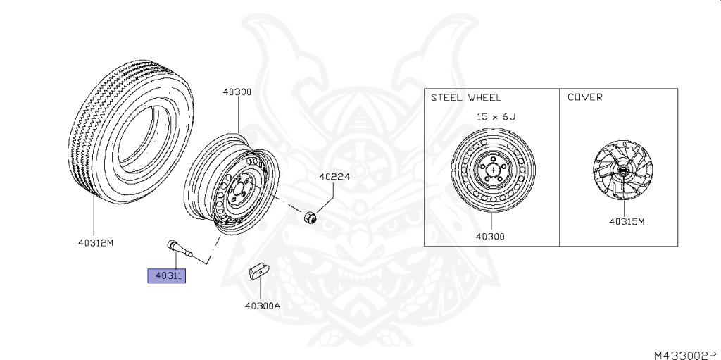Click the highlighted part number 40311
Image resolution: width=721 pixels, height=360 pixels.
[166, 275]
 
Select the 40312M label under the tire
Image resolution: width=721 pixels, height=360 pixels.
[95, 242]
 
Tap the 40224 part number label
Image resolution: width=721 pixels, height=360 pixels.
[334, 176]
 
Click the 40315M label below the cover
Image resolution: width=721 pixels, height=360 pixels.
[627, 221]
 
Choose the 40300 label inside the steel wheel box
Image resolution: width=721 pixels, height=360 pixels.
[490, 237]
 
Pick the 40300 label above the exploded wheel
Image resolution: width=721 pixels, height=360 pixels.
[237, 92]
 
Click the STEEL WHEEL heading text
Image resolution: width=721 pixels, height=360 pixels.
[466, 98]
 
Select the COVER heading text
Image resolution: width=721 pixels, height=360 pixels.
[585, 97]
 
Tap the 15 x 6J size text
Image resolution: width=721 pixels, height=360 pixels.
[496, 116]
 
